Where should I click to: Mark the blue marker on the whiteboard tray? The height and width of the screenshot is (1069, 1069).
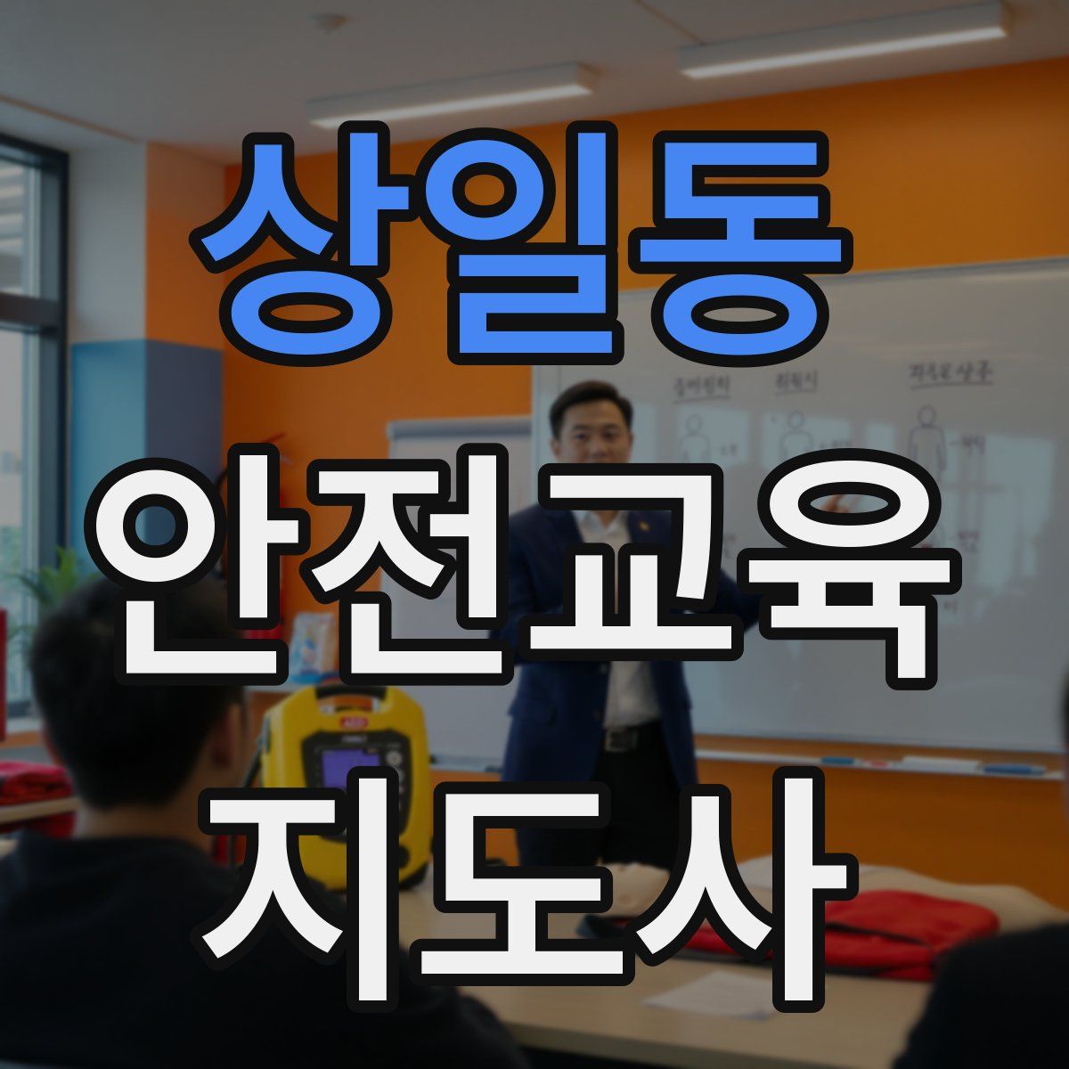(x=1016, y=768)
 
